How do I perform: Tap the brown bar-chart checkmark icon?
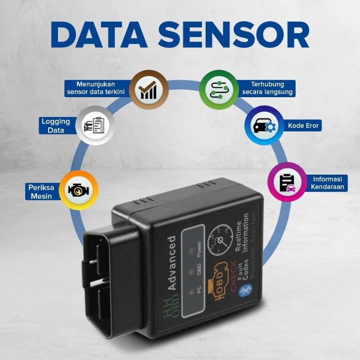(148, 89)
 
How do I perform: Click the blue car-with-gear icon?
(264, 126)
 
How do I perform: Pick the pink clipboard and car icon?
(287, 182)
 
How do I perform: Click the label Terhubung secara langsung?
(267, 88)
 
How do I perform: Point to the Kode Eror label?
(303, 126)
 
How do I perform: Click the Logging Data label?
(56, 126)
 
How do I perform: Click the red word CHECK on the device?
(234, 273)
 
